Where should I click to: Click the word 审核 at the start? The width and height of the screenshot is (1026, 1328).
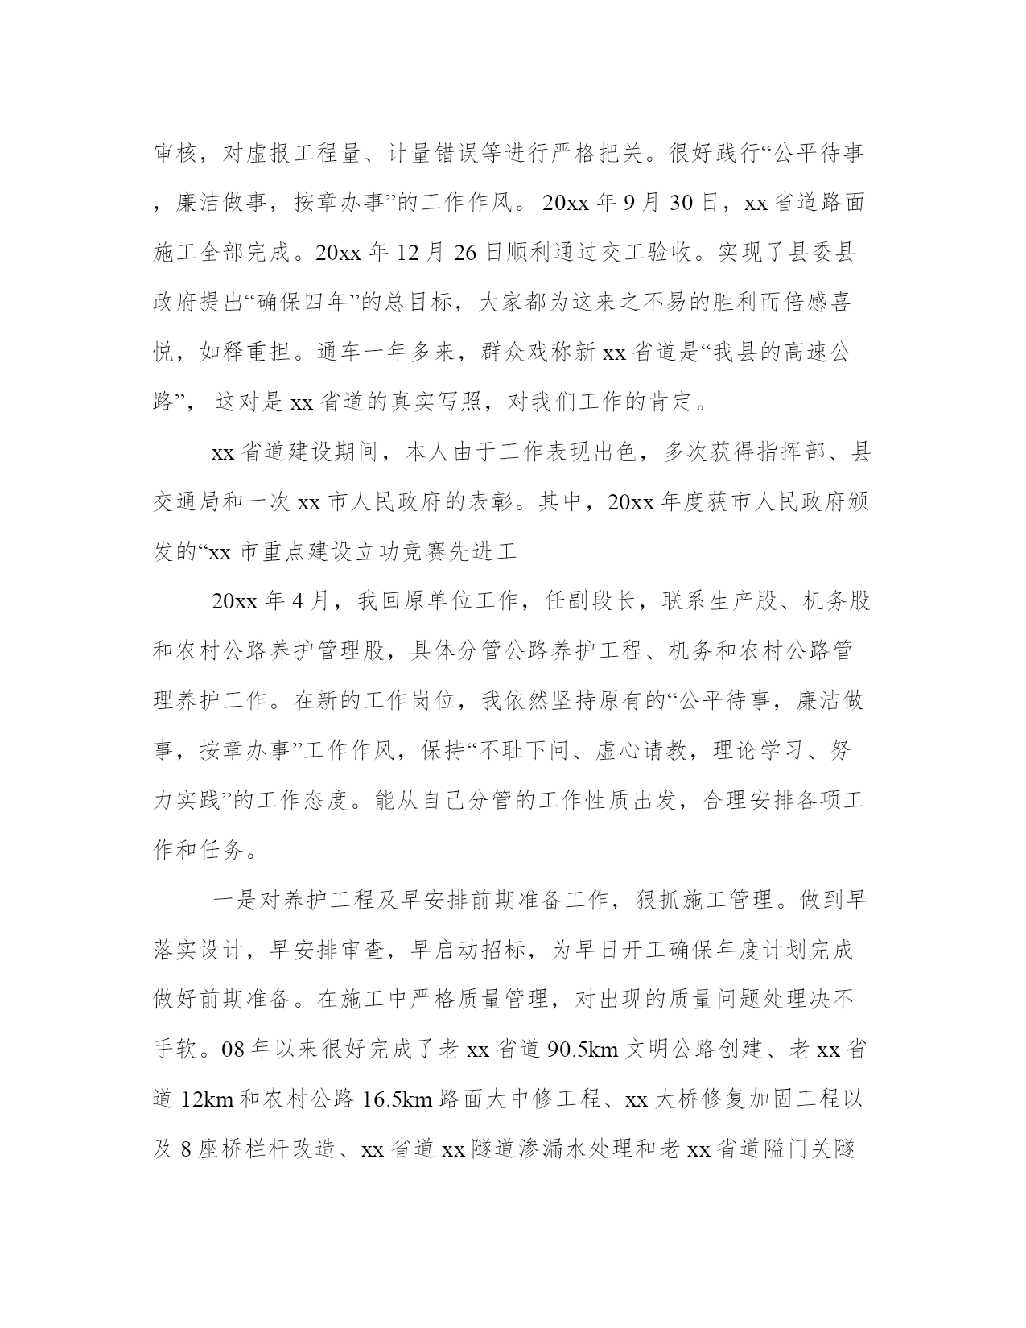[x=175, y=154]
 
